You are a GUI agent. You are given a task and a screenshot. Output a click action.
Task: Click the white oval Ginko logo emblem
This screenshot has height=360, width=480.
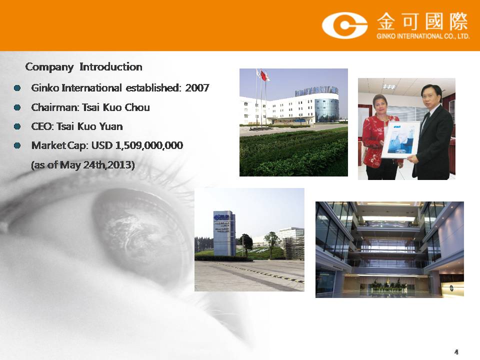click(344, 25)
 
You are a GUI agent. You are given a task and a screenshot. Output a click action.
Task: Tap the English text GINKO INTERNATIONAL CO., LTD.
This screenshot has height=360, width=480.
click(423, 36)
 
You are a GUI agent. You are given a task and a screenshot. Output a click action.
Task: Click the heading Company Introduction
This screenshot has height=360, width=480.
click(83, 67)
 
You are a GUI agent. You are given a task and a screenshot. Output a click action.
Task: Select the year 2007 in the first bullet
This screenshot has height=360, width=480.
click(197, 88)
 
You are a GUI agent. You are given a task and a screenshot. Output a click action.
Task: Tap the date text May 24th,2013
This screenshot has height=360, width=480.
click(97, 165)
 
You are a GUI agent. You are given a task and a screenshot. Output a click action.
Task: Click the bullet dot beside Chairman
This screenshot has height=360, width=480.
click(17, 107)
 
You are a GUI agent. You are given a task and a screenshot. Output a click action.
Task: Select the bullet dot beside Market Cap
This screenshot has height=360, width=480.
click(17, 145)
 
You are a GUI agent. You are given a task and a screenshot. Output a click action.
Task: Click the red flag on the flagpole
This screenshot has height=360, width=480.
click(264, 75)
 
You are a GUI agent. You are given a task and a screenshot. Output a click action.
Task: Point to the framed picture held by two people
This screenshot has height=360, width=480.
click(400, 139)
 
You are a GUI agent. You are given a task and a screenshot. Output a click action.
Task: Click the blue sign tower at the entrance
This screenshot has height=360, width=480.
click(224, 233)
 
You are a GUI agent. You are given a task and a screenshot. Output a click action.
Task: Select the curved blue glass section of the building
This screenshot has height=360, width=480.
click(326, 109)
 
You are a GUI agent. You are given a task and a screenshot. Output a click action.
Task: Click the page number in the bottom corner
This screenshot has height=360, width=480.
click(456, 352)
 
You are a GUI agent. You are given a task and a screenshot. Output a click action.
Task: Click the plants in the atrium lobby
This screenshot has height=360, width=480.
click(387, 286)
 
